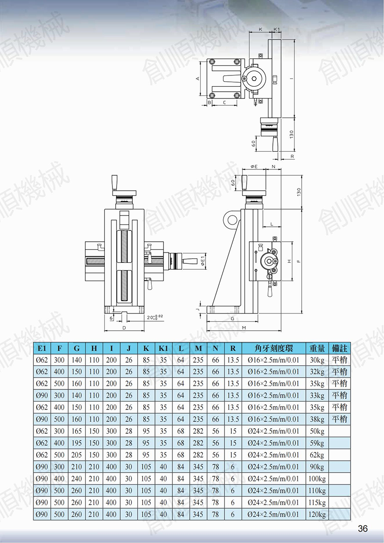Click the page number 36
pos(362,528)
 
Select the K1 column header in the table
pos(164,348)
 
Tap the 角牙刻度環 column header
pos(273,348)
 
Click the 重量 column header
pos(317,348)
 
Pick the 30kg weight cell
pos(317,360)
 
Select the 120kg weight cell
pos(317,515)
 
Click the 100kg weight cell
pos(317,479)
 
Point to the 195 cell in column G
pos(77,443)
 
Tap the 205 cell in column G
pos(77,455)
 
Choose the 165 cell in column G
pos(77,431)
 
